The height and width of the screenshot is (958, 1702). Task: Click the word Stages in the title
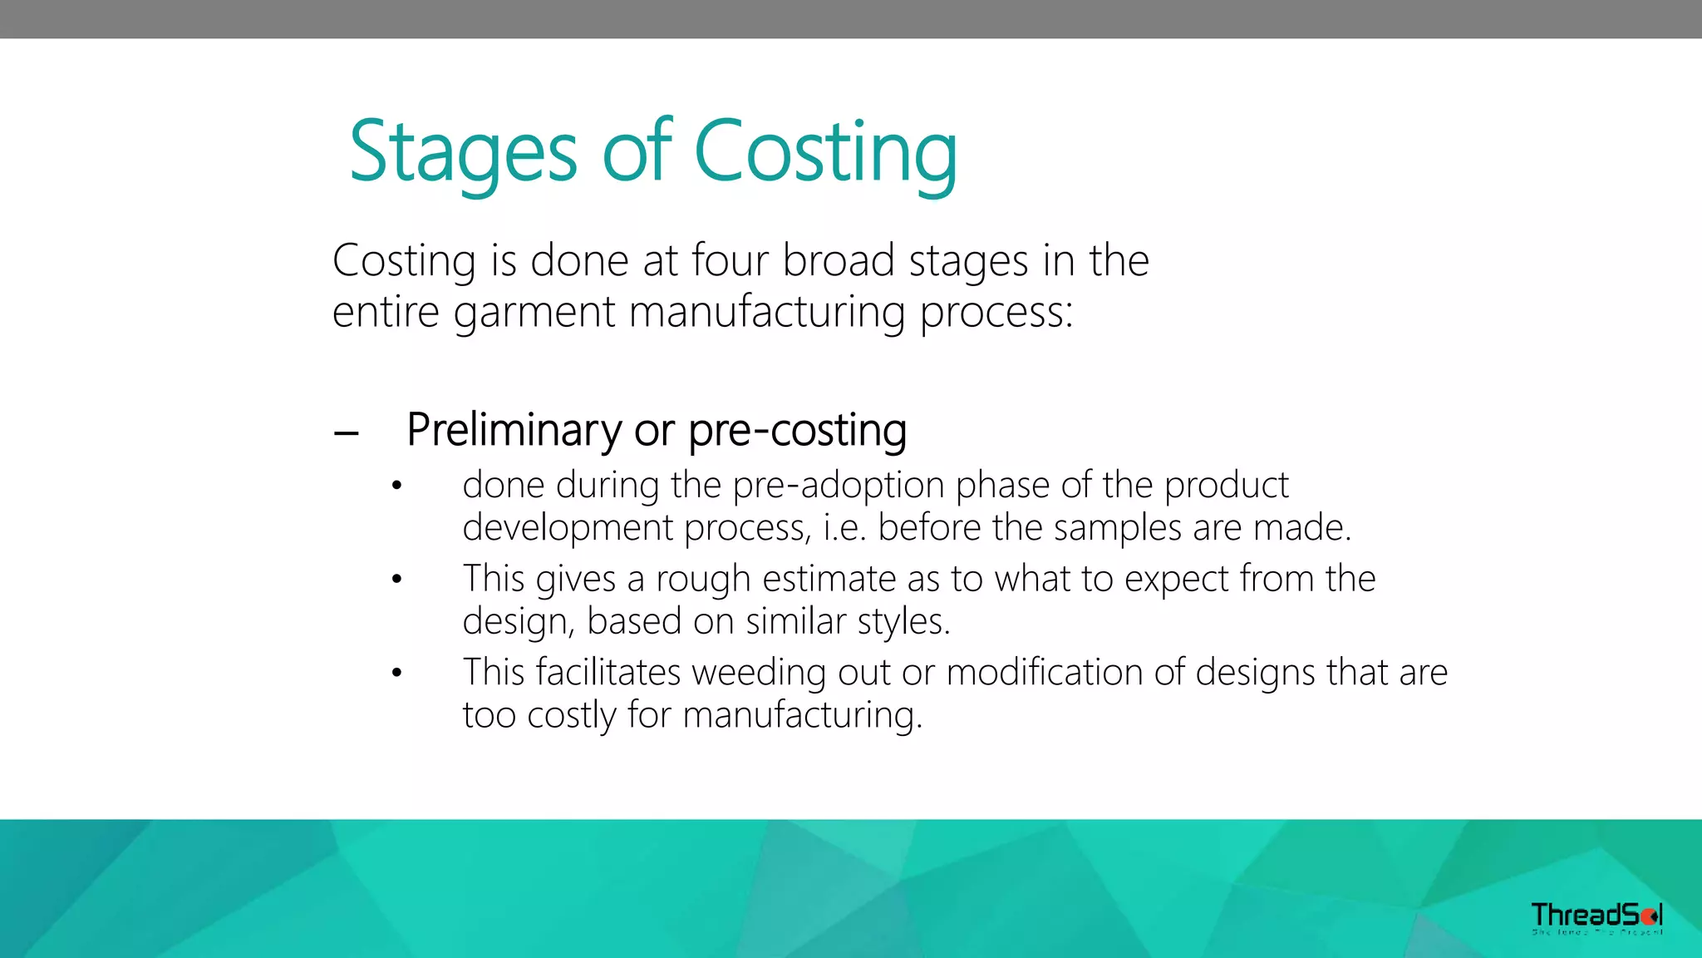(463, 151)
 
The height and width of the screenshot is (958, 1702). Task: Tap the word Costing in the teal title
(825, 151)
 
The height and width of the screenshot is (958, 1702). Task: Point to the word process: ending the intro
(996, 313)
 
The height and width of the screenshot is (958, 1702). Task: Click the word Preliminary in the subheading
(514, 430)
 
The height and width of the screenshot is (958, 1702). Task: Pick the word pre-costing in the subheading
(797, 430)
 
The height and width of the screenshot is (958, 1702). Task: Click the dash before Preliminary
(346, 433)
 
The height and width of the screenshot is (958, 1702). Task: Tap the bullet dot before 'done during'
(397, 486)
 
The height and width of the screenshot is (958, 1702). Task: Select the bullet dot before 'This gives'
(397, 579)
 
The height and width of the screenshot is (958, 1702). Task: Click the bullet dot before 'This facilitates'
(397, 673)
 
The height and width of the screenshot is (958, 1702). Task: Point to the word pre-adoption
(839, 485)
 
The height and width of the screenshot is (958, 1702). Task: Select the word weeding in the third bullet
(759, 673)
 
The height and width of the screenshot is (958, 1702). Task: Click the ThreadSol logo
(1596, 917)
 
